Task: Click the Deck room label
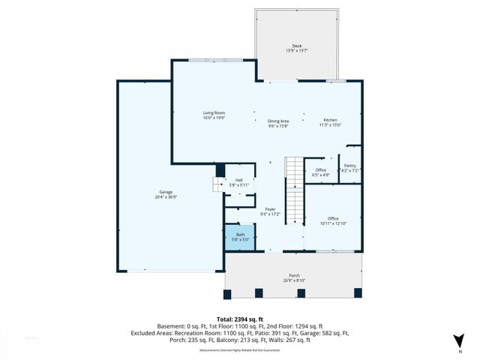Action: (297, 45)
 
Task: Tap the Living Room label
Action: (214, 112)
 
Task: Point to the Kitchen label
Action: (330, 120)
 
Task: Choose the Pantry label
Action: (349, 166)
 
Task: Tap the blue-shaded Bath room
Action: (240, 237)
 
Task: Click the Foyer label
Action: (270, 209)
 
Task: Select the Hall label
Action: (239, 180)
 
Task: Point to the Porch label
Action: (295, 275)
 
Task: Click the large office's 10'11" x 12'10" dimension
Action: (333, 223)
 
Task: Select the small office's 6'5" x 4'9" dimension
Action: (320, 175)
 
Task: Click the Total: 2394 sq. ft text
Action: (239, 319)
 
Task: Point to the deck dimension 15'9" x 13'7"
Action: (297, 50)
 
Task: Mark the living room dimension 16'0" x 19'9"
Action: (214, 118)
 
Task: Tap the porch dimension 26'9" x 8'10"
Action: (295, 280)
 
